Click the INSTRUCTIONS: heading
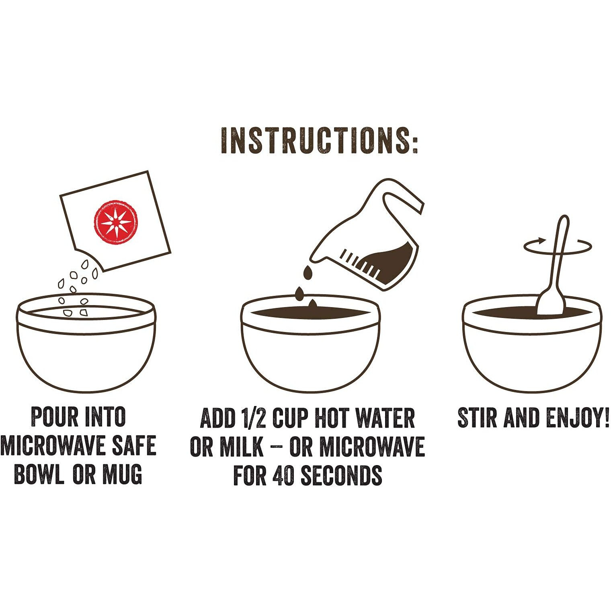point(320,141)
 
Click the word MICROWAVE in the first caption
point(54,446)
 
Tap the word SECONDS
point(342,476)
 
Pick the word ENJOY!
point(577,418)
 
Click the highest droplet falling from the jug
point(308,273)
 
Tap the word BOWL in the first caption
point(39,474)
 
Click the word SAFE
point(134,446)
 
